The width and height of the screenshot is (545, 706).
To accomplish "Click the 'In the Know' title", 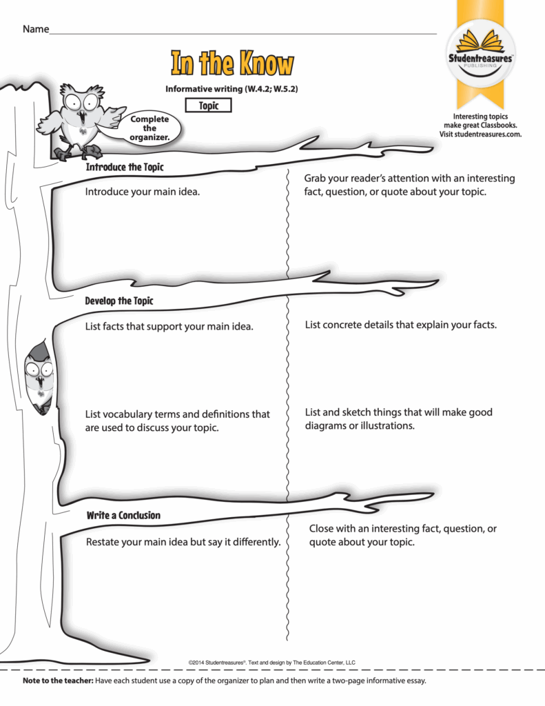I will tap(232, 63).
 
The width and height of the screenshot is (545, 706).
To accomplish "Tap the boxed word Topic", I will tap(209, 105).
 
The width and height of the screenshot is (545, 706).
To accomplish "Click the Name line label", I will tap(36, 30).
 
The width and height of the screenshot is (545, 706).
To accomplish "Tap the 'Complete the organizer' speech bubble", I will tap(150, 128).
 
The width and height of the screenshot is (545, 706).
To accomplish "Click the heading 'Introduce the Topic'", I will tap(124, 168).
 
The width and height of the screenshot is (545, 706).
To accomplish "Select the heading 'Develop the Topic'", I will tap(119, 301).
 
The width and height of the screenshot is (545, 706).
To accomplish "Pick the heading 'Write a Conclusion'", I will tap(123, 515).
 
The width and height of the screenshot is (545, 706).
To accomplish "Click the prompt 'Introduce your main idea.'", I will tap(143, 192).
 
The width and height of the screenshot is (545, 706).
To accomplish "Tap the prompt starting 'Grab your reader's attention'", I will tap(409, 185).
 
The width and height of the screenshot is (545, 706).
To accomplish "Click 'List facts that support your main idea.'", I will tap(169, 326).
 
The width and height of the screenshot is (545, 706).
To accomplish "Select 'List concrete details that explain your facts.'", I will tap(400, 324).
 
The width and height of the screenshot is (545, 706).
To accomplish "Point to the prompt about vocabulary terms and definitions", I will tap(177, 421).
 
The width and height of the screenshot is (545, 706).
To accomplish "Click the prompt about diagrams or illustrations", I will tap(398, 418).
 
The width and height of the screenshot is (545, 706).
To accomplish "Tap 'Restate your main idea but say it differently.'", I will tap(183, 542).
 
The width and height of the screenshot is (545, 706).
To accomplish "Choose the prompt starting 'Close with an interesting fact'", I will tap(402, 535).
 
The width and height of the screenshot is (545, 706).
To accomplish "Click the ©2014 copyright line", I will tap(271, 663).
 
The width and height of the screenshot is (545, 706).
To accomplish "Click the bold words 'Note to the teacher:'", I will tap(58, 681).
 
